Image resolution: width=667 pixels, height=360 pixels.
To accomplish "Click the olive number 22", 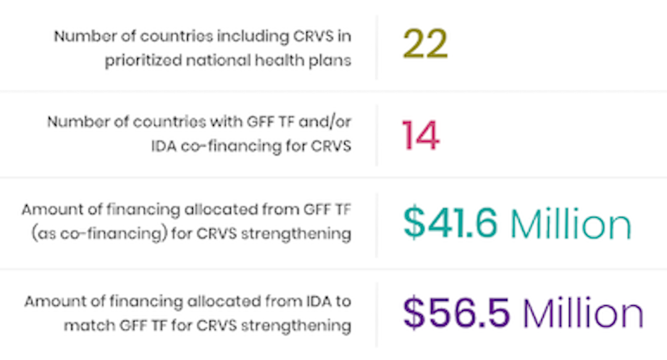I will coord(425,44).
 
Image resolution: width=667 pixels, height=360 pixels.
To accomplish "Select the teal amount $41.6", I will coord(450,224).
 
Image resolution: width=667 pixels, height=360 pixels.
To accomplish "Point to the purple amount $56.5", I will coord(456,313).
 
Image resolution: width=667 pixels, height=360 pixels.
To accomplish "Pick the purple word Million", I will coord(582,313).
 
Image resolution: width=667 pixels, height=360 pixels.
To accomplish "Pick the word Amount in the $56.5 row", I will coord(46,301).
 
